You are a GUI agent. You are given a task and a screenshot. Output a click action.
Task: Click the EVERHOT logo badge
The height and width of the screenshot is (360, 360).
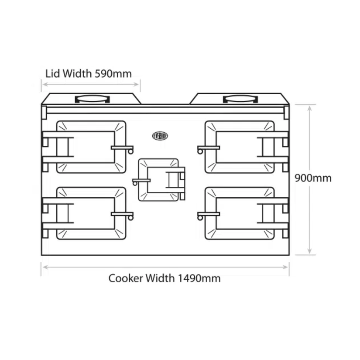click(160, 136)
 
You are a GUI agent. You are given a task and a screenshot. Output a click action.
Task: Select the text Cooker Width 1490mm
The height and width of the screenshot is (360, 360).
click(165, 278)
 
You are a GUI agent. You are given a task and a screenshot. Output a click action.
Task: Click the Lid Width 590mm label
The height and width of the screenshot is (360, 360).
click(88, 73)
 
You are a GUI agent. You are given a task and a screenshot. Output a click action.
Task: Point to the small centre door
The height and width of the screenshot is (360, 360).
click(158, 179)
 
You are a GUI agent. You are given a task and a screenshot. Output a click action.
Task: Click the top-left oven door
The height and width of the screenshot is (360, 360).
click(91, 147)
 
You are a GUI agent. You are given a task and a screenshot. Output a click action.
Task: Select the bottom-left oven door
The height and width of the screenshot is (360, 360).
click(91, 213)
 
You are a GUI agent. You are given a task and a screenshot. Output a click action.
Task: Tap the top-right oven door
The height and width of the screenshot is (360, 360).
click(240, 147)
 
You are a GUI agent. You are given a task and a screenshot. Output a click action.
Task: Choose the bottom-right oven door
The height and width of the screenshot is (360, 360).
click(240, 213)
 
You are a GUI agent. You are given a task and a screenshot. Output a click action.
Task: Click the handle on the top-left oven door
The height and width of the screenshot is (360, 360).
click(122, 148)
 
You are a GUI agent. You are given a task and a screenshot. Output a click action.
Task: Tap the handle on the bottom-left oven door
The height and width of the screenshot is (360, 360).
click(122, 214)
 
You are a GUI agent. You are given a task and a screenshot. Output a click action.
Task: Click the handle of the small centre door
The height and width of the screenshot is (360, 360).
click(141, 180)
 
